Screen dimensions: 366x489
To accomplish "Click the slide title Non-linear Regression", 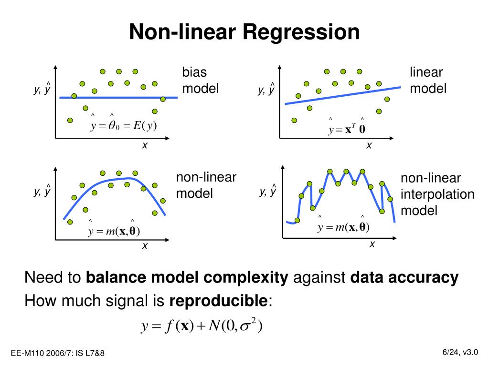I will click(244, 32).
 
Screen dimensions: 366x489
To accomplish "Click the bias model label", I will click(200, 81).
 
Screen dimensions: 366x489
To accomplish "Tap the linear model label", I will click(428, 81).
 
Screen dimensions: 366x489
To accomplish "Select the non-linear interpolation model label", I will click(437, 194).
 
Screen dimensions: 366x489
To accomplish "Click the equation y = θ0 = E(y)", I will click(124, 126).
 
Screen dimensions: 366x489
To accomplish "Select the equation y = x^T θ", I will click(347, 130).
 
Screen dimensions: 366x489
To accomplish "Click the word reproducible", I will click(219, 301).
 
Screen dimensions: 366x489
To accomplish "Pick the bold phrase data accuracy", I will click(404, 277).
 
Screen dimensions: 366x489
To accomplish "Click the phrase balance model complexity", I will click(187, 277).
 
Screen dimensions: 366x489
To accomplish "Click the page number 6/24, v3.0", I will click(460, 352).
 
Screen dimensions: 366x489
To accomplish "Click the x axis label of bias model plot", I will click(144, 146).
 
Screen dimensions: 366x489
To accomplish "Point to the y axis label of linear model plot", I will click(266, 90).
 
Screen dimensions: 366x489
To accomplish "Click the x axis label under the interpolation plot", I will click(372, 244).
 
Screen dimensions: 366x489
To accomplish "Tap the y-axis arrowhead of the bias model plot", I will click(55, 67).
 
